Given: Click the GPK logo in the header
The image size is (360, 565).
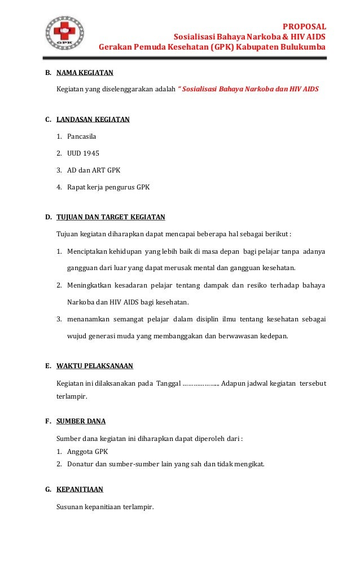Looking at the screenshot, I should (64, 32).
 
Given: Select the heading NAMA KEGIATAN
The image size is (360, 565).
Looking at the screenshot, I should (85, 73).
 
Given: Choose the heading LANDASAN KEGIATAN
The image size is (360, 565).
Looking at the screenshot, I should (93, 120).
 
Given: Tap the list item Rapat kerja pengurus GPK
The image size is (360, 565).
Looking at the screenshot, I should (108, 186).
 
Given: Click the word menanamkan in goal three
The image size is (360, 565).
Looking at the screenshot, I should (88, 319).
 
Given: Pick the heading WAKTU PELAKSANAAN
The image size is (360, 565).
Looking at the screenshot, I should (95, 366).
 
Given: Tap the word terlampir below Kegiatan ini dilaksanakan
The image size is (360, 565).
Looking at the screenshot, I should (72, 397).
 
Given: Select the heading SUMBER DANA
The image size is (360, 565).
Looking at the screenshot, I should (81, 421).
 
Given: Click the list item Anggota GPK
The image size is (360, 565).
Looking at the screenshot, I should (87, 452).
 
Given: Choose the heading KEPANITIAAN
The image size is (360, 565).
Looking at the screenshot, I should (80, 489).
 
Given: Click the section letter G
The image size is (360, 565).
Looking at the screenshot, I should (48, 489).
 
